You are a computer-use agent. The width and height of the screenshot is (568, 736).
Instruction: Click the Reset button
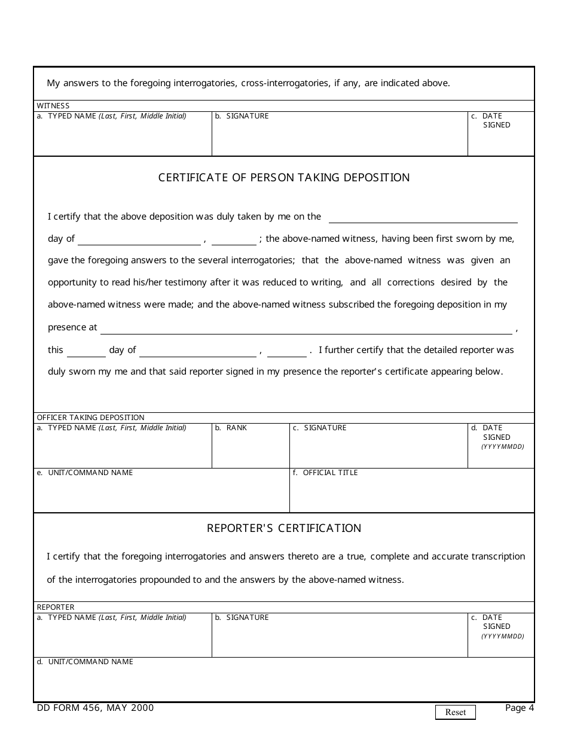coord(455,712)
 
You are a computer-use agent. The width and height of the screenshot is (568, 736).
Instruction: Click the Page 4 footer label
coord(519,708)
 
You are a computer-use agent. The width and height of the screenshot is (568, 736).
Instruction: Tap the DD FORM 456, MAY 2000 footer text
coord(95,708)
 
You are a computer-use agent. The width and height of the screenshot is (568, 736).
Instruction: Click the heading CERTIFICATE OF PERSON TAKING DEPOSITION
coord(284,178)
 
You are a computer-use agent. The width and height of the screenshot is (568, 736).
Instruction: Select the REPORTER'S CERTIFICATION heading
coord(284,528)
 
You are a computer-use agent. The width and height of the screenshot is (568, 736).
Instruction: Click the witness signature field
coord(340,138)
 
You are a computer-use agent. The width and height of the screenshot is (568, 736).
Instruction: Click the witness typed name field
coord(123,138)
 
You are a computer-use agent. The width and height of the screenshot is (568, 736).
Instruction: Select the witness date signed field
coord(501,141)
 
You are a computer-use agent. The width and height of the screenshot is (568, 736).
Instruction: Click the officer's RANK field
coord(251,450)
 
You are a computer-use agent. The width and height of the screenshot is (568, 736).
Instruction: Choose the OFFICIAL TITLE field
coord(411,494)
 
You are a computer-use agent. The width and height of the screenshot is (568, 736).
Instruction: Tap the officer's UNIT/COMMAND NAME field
coord(161,494)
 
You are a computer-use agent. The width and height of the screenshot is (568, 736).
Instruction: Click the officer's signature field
coord(378,450)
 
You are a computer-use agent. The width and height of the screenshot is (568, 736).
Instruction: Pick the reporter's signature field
coord(340,639)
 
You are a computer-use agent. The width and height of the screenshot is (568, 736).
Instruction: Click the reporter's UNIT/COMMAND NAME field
coord(284,682)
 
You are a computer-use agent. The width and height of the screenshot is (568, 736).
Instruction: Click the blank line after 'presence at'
coord(306,329)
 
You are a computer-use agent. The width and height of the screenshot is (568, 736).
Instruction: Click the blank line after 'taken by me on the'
coord(423,217)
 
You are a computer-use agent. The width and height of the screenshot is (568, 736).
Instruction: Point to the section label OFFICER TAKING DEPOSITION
coord(91,418)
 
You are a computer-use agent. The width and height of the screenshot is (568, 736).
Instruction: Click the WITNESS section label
coord(53,106)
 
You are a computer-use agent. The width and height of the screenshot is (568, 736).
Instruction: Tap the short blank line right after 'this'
coord(86,351)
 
